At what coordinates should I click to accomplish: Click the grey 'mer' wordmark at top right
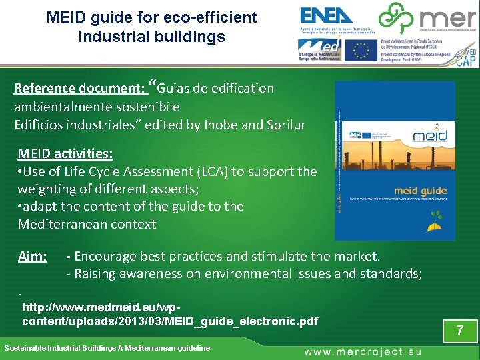444,19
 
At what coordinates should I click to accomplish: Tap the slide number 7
459,331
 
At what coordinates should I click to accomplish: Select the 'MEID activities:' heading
65,154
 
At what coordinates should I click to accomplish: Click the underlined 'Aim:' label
32,256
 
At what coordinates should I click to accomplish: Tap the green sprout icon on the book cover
437,220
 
